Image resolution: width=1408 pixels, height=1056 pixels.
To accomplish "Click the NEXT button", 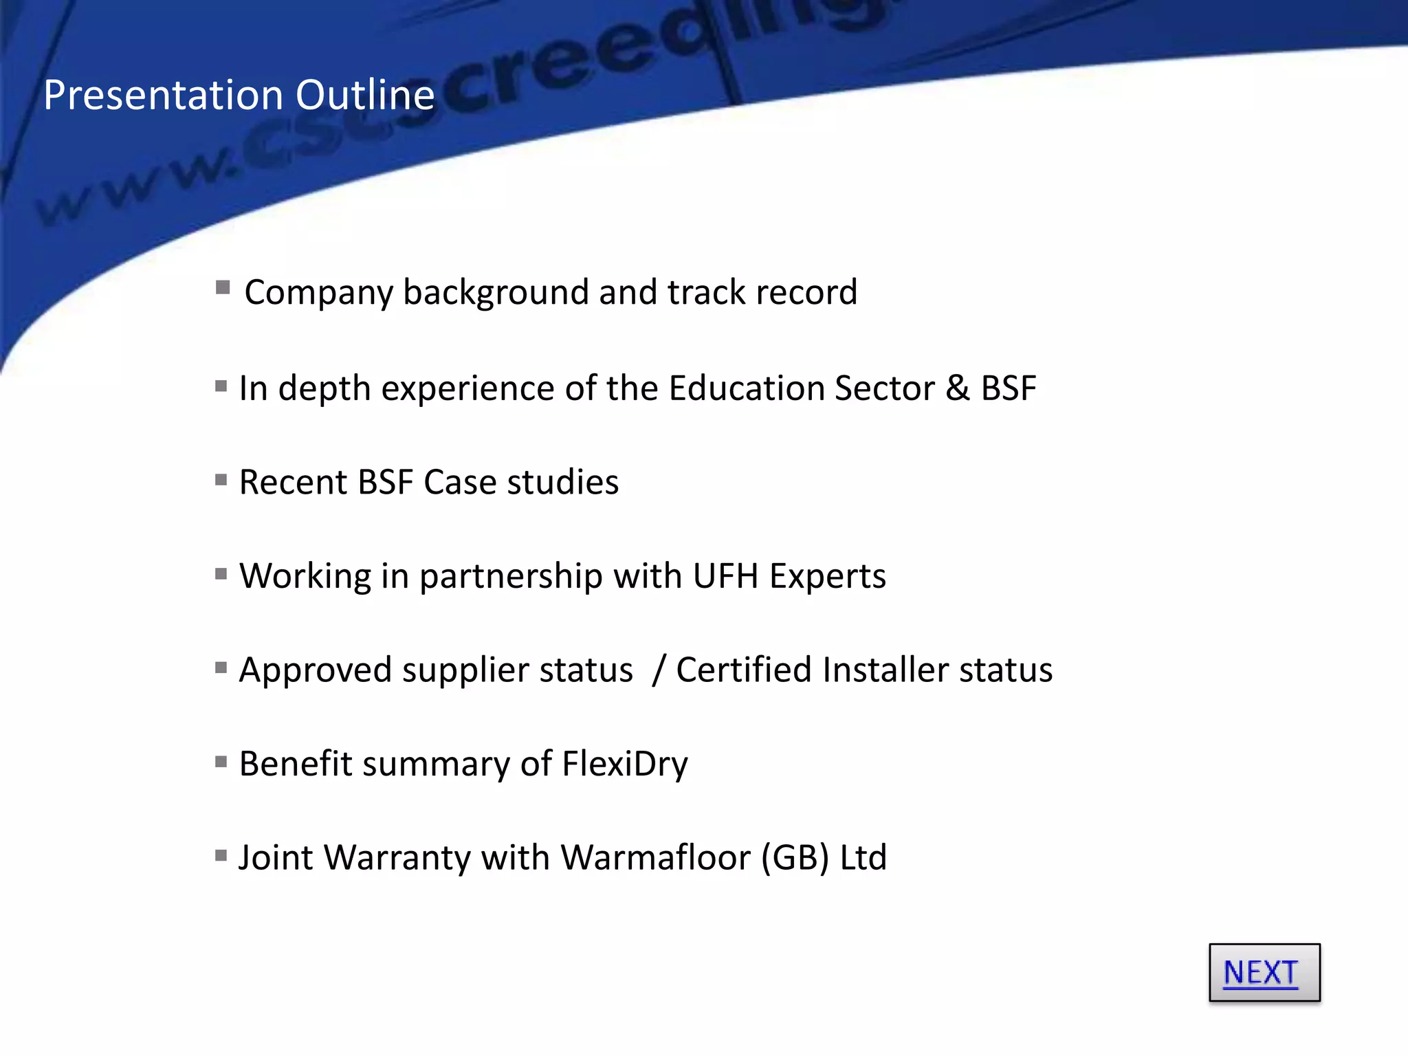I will click(1264, 972).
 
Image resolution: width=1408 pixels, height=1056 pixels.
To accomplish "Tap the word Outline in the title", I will click(365, 95).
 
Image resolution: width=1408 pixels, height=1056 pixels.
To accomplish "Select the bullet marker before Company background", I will click(222, 287).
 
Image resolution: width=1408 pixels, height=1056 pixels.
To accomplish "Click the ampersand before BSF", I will click(957, 388).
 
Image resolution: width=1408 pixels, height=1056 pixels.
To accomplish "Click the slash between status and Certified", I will click(659, 670).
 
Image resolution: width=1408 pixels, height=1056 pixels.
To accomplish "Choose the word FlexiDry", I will click(624, 764).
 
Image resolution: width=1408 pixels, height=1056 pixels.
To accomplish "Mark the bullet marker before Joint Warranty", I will click(221, 855).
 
